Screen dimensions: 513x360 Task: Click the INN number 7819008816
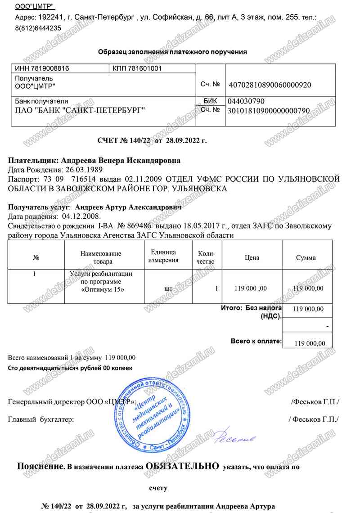click(49, 68)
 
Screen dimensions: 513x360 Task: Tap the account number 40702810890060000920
click(270, 85)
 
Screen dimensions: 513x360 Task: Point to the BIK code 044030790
click(246, 101)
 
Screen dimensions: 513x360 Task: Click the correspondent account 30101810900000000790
click(269, 110)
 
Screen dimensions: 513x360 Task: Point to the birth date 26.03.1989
click(84, 170)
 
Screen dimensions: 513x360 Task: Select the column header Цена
click(252, 258)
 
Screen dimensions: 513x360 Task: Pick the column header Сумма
click(306, 258)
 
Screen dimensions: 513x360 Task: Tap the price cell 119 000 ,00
click(251, 288)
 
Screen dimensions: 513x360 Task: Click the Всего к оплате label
click(256, 341)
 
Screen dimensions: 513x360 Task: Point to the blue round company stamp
click(153, 414)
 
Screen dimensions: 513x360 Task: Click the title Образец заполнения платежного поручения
click(172, 52)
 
